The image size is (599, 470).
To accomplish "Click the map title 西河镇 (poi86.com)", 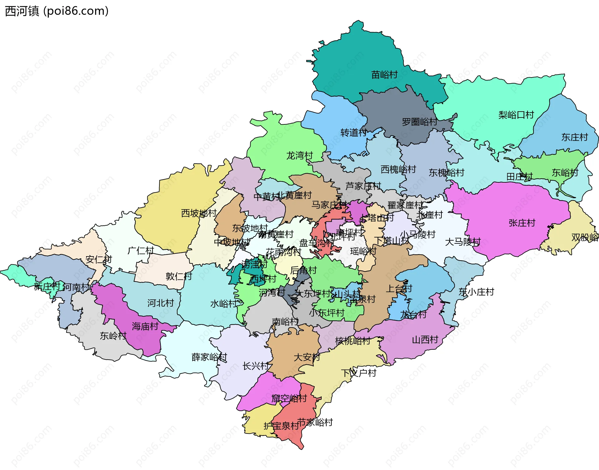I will pos(57,11).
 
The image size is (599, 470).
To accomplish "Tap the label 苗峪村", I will pos(384,75).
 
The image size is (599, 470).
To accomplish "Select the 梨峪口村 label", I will pos(516,115).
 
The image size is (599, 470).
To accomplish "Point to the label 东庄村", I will pos(574,137).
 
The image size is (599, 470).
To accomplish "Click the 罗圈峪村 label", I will pos(419,122).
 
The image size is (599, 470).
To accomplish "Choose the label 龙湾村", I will pos(299,155).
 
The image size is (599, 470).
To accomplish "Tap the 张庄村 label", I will pos(522,223).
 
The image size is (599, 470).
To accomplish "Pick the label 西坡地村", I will pos(199,213).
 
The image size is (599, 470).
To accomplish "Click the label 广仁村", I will pos(141,251).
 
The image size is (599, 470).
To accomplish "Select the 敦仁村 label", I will pos(178,276).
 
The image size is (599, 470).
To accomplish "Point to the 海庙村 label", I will pos(145,326).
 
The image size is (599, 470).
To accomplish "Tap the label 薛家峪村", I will pos(209,357).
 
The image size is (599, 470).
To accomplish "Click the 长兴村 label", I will pos(256,366).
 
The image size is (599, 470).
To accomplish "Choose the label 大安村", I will pos(307,357).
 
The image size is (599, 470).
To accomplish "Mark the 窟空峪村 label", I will pos(289,398).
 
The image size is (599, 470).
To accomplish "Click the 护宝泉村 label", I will pos(281,426).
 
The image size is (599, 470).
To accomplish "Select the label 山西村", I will pos(425,340).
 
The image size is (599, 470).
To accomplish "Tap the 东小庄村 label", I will pos(476,292).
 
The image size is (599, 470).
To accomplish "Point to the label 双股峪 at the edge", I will pos(585,237).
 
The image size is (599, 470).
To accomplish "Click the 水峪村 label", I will pos(223,304).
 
